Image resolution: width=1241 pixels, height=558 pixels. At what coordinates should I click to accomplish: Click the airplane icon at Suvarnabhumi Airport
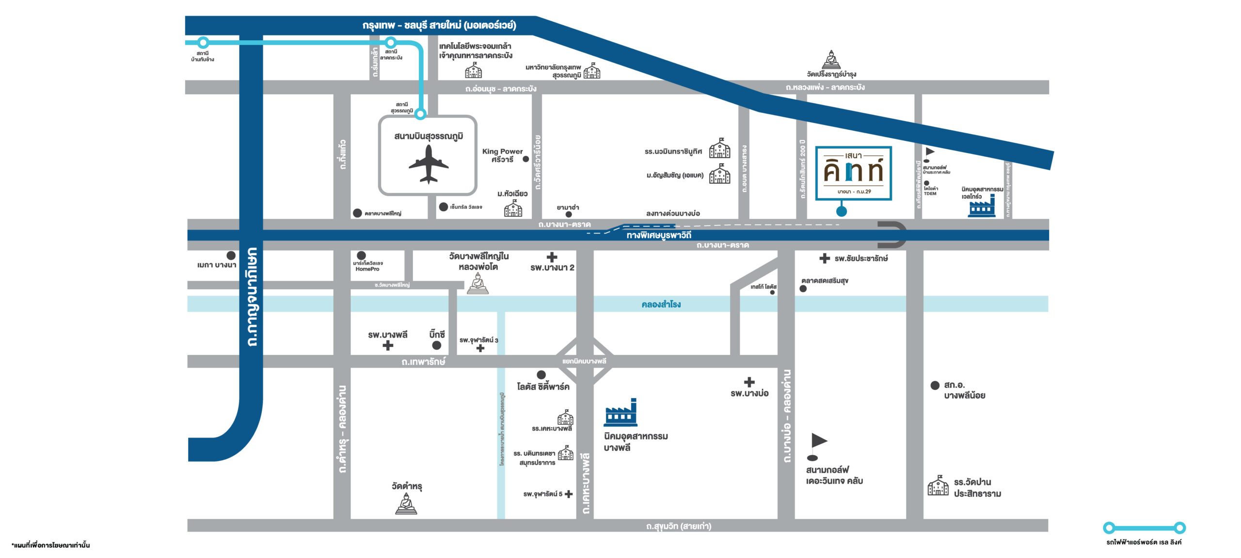click(429, 164)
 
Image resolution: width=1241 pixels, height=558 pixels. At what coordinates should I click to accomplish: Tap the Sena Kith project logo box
click(854, 173)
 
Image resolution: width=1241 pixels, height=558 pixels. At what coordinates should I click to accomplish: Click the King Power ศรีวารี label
click(502, 155)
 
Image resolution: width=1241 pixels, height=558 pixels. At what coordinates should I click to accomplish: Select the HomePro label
click(367, 269)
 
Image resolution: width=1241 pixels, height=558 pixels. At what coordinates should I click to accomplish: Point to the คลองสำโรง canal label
click(661, 304)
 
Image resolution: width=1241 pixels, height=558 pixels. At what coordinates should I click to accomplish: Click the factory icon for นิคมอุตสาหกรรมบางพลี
click(620, 413)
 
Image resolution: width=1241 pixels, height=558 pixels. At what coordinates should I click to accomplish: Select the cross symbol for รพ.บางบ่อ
click(749, 382)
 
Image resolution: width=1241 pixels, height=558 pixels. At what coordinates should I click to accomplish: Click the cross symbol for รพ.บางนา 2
click(552, 257)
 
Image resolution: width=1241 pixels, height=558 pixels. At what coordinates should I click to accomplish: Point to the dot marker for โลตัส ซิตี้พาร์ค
click(541, 374)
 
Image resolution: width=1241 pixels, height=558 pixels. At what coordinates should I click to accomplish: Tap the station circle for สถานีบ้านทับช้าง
click(203, 43)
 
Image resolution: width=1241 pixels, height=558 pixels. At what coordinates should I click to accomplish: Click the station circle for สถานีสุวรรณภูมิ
click(420, 114)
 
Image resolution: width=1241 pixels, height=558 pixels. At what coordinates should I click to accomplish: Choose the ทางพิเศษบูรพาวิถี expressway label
click(659, 235)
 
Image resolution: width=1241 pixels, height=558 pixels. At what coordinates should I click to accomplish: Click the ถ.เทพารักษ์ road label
click(423, 362)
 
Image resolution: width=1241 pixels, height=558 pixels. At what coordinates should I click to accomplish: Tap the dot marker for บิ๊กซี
click(436, 345)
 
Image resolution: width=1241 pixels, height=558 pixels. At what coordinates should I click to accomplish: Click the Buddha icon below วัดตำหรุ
click(406, 503)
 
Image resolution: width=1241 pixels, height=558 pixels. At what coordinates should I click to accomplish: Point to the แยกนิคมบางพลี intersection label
click(584, 361)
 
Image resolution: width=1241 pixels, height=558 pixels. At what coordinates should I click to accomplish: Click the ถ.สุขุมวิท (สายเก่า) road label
click(679, 526)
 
